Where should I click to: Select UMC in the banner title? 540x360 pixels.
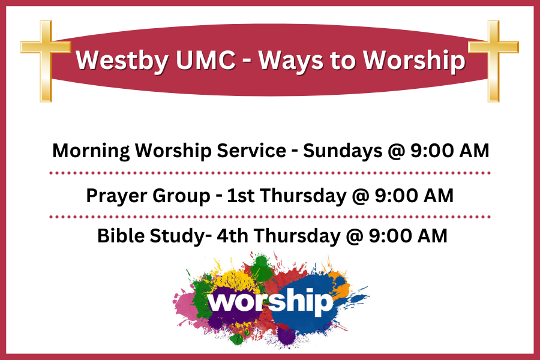coord(205,60)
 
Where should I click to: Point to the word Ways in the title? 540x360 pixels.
coord(291,61)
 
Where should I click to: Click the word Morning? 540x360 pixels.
coord(91,151)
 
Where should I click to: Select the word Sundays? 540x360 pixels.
coord(343,151)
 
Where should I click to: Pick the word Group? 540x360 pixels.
coord(181,196)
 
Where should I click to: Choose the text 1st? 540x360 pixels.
coord(241,196)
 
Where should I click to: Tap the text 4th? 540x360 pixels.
coord(232,236)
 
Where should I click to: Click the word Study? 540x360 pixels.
coord(177,236)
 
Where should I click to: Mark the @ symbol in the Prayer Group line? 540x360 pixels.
coord(361,196)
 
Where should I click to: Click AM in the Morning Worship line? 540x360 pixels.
coord(475,151)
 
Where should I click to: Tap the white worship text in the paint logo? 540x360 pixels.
coord(271,301)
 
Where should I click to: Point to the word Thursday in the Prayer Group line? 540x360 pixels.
coord(304,196)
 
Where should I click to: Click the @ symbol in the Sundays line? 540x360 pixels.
coord(397,151)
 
